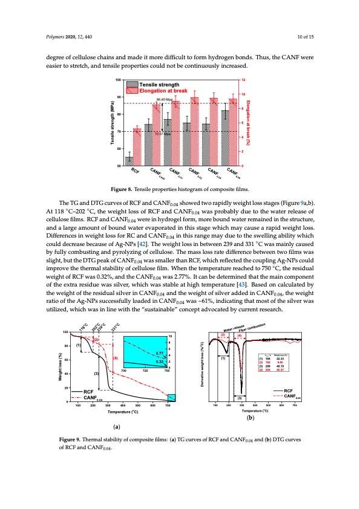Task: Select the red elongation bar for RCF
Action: point(137,147)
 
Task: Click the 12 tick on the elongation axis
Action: point(243,80)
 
